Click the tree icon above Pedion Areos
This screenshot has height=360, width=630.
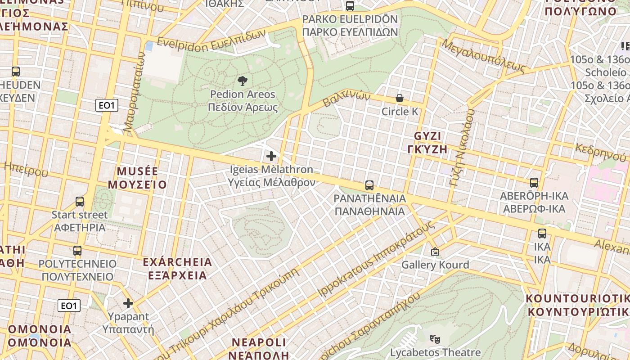(243, 81)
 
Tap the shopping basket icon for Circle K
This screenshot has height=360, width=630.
(399, 98)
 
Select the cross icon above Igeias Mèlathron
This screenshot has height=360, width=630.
(271, 156)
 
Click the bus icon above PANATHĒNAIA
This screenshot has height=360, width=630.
(369, 185)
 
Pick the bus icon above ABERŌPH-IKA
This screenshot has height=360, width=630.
(534, 183)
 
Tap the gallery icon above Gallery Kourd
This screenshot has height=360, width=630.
(435, 252)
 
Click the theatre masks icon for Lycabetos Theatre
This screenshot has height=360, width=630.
(435, 339)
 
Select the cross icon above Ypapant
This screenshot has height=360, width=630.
(128, 303)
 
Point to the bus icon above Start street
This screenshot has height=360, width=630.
(80, 202)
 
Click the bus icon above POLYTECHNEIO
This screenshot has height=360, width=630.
(77, 251)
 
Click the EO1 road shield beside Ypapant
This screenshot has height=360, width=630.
(69, 306)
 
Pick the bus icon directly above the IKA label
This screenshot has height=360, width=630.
(542, 234)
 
